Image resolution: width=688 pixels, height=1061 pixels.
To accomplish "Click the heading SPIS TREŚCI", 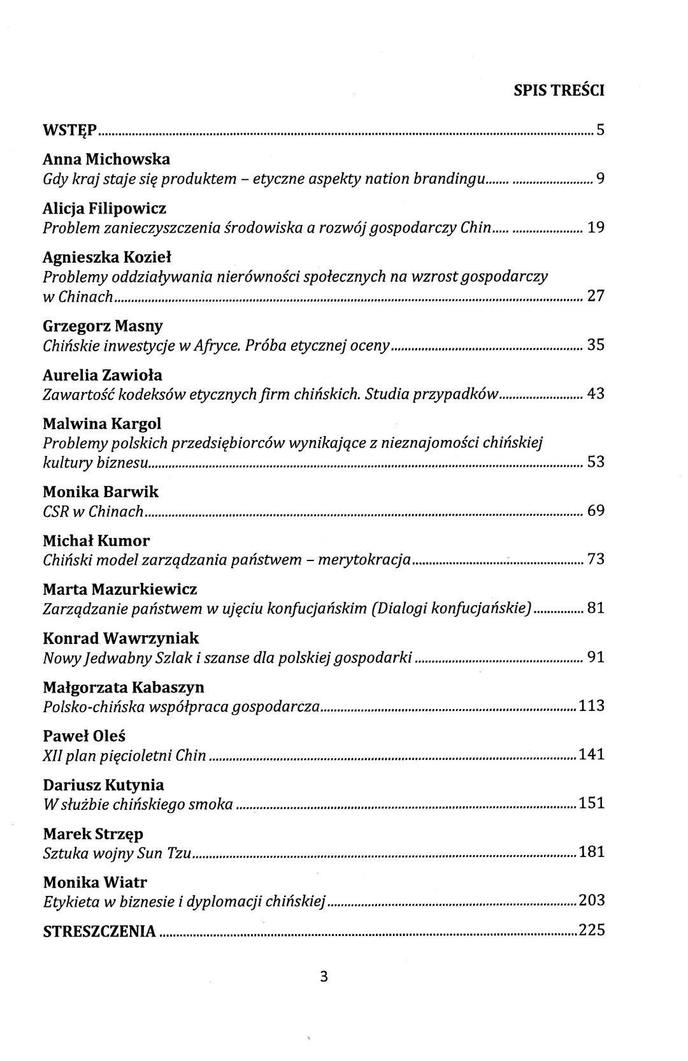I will pos(559,91).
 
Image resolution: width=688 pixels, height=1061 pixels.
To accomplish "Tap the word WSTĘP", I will pos(69,131).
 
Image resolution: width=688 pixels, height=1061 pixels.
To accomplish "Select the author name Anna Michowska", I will pos(106,159).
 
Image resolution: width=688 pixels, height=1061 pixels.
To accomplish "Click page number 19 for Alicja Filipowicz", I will pos(595,228).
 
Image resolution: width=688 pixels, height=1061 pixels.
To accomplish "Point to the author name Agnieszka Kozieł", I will pos(107,257).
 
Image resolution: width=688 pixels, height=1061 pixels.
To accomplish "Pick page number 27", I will pos(595,296).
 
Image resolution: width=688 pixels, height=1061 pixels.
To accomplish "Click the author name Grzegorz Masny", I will pos(103,326).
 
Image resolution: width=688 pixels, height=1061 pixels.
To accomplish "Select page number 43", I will pos(595,393).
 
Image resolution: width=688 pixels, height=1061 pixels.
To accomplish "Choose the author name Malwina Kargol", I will pos(102,423).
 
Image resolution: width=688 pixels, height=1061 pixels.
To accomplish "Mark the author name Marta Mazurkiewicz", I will pos(120,589).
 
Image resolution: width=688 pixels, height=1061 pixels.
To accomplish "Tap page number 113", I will pos(591,706).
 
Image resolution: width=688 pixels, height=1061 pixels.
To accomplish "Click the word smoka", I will pos(210,804).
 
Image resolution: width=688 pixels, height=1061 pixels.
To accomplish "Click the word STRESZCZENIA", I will pos(99,932).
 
